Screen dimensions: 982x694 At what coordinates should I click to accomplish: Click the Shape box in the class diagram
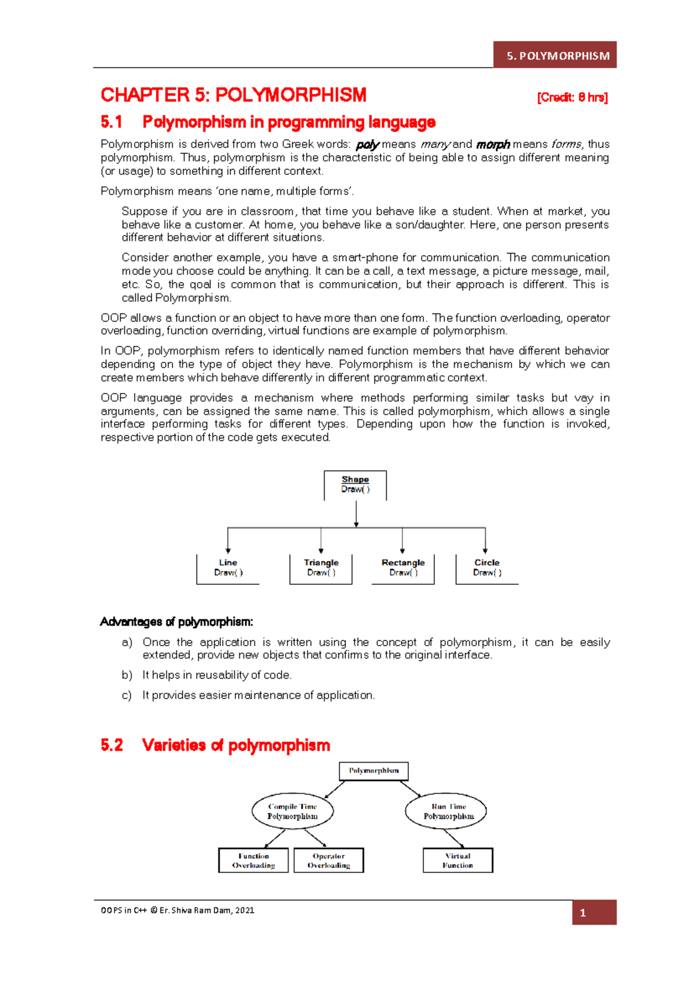(x=355, y=485)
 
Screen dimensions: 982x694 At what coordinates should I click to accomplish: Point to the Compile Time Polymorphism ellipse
(x=293, y=811)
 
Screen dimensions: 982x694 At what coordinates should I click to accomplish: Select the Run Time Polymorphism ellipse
(x=446, y=811)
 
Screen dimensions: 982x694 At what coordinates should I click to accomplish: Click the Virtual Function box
(x=457, y=860)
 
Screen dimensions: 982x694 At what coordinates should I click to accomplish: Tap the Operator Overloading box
(x=328, y=860)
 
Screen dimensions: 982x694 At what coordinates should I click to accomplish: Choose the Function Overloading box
(x=253, y=860)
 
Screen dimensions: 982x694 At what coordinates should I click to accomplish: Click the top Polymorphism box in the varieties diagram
(x=374, y=771)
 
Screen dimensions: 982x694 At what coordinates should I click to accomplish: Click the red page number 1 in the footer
(x=583, y=913)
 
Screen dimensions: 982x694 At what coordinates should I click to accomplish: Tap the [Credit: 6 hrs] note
(x=572, y=97)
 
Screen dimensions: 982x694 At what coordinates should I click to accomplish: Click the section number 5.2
(x=112, y=745)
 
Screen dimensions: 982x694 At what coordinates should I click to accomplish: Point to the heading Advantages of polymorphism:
(x=176, y=622)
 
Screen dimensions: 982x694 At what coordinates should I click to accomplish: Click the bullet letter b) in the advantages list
(x=127, y=675)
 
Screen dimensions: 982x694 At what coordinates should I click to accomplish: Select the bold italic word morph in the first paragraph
(x=493, y=144)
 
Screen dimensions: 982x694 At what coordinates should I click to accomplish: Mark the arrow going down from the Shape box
(x=356, y=514)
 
